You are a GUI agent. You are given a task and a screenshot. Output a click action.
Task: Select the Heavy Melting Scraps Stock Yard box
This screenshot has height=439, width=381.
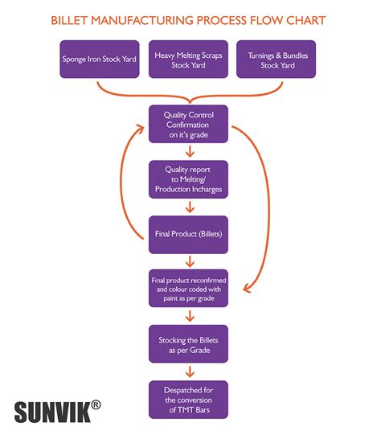(x=190, y=59)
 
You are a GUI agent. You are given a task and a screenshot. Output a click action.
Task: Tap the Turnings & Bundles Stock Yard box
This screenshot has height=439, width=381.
(x=278, y=59)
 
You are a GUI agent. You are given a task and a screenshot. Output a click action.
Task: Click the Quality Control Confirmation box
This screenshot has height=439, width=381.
(x=190, y=125)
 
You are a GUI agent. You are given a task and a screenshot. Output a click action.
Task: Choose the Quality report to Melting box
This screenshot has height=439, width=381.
(x=190, y=179)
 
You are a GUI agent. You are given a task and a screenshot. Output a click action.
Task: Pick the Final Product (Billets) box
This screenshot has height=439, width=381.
(x=190, y=234)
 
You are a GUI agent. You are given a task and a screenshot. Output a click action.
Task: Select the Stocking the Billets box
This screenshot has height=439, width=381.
(x=190, y=343)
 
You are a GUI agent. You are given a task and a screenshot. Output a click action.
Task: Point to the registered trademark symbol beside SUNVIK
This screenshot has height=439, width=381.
(x=96, y=404)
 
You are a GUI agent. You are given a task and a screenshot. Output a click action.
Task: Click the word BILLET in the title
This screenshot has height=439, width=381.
(x=70, y=18)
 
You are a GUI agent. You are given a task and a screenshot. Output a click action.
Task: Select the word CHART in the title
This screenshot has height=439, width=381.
(x=309, y=18)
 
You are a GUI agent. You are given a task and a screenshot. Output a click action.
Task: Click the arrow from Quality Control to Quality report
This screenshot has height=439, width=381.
(x=190, y=152)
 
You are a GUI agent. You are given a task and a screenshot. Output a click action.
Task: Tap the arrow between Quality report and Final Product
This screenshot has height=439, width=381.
(x=190, y=207)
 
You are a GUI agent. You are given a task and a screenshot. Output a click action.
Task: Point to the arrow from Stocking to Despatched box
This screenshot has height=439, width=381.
(x=190, y=371)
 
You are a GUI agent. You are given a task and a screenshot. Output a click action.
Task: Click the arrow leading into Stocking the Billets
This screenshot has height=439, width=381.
(x=190, y=316)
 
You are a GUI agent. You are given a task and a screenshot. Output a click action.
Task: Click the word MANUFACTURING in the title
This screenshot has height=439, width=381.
(x=147, y=18)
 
